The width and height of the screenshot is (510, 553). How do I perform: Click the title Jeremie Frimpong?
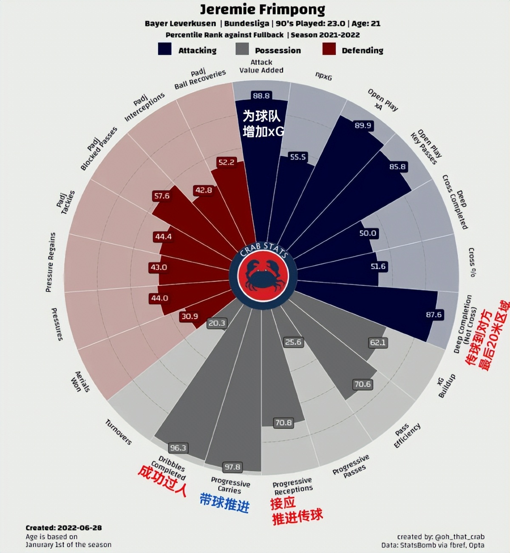point(262,9)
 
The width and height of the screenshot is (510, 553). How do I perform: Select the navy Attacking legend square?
point(164,49)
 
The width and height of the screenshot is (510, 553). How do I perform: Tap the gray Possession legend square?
point(242,49)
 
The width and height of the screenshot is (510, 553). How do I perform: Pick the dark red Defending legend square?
point(329,49)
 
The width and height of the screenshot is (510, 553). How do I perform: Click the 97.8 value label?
point(232,467)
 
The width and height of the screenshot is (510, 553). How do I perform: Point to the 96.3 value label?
point(178,448)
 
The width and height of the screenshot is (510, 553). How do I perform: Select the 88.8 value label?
point(261,96)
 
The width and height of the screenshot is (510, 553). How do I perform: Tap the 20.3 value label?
point(216,323)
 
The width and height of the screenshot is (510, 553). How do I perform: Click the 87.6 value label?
point(433,314)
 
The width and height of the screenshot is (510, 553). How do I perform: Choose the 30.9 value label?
point(190,316)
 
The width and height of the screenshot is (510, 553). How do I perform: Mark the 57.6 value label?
point(161,196)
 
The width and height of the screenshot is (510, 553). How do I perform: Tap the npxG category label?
point(323,76)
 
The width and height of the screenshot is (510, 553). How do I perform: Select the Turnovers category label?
point(118,432)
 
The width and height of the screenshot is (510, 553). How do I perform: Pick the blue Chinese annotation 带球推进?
point(224,503)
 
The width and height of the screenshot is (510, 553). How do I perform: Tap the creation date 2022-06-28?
point(79,527)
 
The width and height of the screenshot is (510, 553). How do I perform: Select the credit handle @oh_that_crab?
point(459,537)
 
